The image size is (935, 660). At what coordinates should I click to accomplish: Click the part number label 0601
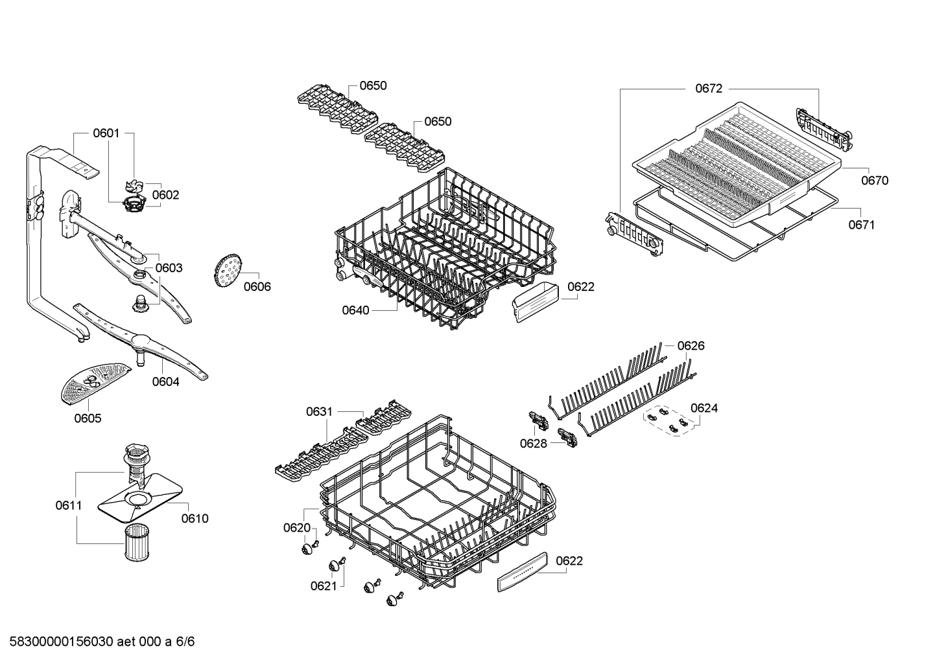106,133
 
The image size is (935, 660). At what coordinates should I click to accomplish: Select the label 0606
257,287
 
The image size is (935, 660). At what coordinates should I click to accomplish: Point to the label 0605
88,418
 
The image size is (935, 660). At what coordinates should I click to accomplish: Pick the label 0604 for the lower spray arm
166,381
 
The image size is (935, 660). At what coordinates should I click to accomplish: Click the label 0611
68,505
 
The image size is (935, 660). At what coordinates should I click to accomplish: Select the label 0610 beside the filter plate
195,518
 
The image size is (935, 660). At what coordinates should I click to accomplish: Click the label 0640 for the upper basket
355,310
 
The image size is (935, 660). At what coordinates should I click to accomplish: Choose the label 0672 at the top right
709,89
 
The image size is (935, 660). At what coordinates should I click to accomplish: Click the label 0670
875,181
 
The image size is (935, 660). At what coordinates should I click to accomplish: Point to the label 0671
861,225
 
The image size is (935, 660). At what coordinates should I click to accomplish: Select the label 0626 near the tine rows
691,346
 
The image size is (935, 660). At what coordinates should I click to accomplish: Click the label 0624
704,408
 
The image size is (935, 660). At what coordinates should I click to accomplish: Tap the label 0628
534,443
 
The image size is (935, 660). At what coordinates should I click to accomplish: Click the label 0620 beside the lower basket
297,528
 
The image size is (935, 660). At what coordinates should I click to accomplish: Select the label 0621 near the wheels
324,586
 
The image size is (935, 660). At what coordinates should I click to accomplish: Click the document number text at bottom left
98,642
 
